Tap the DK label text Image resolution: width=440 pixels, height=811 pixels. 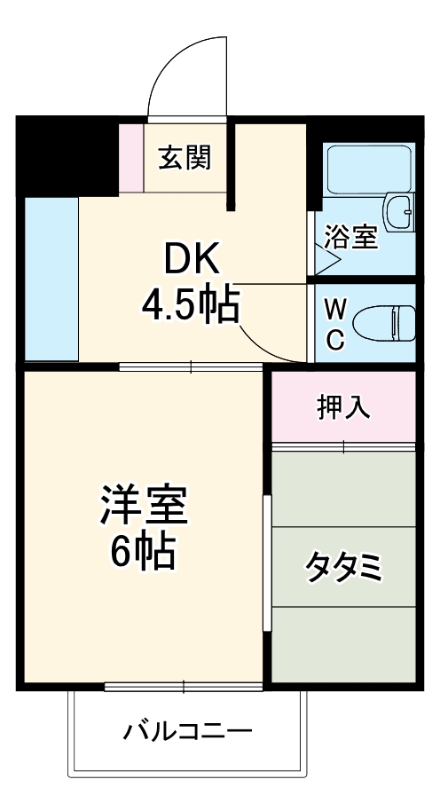tap(189, 260)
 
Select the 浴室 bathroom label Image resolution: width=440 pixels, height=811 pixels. tap(351, 237)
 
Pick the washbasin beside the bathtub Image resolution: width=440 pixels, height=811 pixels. tap(400, 213)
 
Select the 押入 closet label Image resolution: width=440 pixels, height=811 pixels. tap(343, 407)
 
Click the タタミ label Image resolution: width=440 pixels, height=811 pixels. tap(344, 566)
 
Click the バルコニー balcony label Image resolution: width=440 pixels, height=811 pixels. tap(188, 733)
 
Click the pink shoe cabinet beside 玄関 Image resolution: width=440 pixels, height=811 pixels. tap(131, 158)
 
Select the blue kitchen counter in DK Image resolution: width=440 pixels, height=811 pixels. tap(51, 278)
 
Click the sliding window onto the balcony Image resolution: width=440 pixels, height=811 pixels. tap(184, 686)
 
